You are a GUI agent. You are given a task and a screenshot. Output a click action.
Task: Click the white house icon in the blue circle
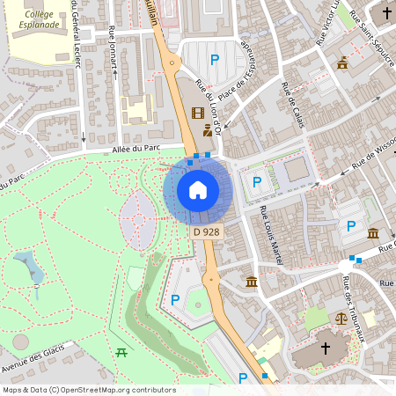[198, 190]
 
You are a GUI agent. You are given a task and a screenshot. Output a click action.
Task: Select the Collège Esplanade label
[40, 18]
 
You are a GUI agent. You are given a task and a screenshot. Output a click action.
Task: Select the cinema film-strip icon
[198, 113]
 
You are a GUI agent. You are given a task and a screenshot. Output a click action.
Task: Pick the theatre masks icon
[208, 130]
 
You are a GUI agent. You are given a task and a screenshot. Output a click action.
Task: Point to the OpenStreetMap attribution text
[89, 390]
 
